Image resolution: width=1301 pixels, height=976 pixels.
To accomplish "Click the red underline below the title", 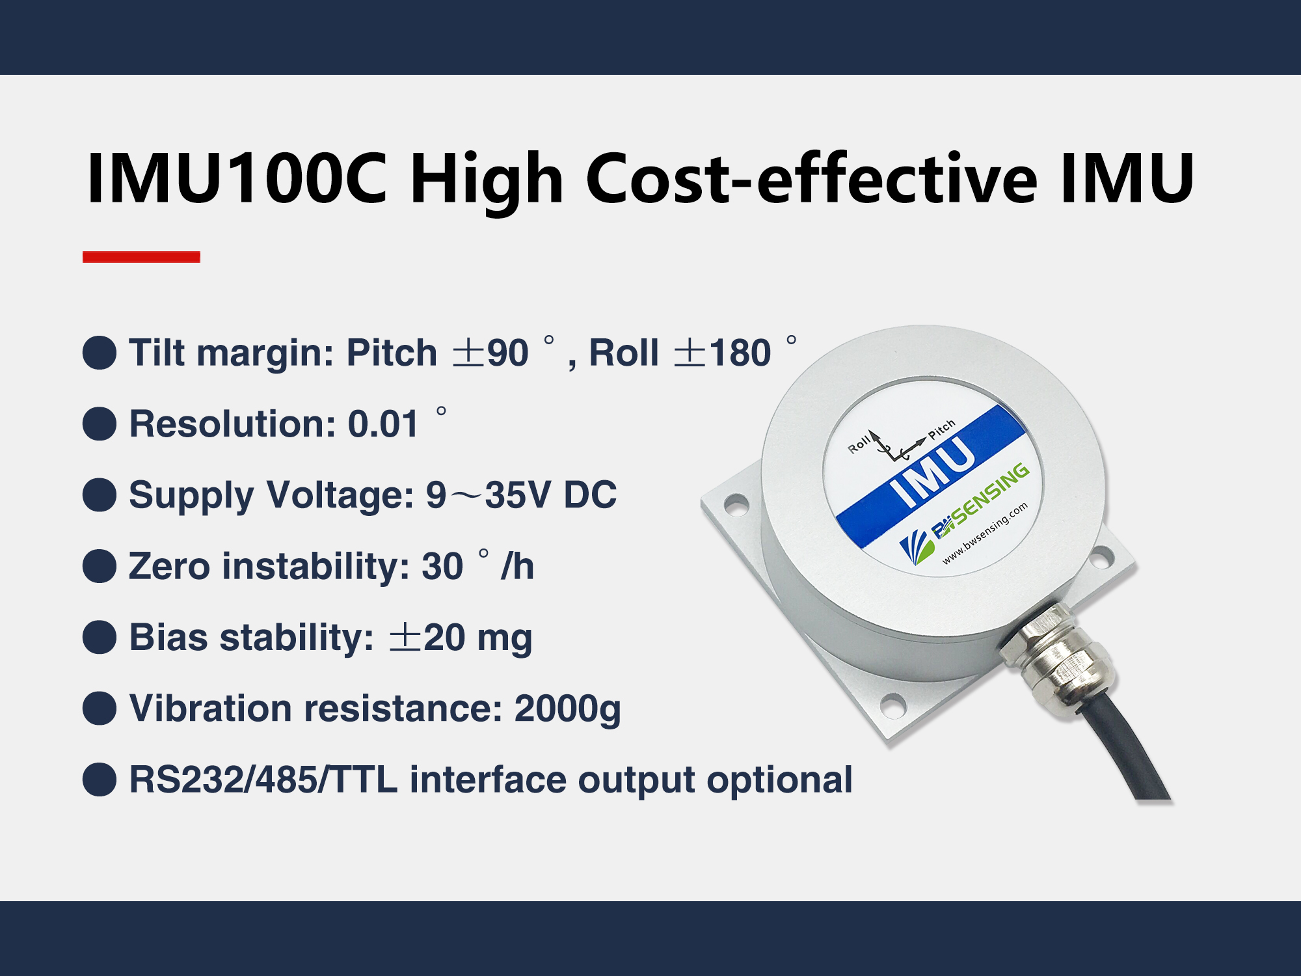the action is pyautogui.click(x=141, y=256).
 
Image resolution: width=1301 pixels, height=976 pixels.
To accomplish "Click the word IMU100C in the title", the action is pyautogui.click(x=237, y=178).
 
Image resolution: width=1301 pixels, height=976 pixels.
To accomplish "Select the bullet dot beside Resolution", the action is pyautogui.click(x=100, y=424).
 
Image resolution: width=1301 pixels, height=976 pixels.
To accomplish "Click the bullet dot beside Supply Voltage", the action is pyautogui.click(x=100, y=495).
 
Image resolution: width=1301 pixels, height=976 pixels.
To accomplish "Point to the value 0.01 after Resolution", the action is pyautogui.click(x=383, y=424).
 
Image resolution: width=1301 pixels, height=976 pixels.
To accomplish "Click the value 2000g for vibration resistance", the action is pyautogui.click(x=567, y=709).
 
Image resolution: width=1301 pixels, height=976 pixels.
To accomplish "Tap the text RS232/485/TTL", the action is pyautogui.click(x=263, y=779).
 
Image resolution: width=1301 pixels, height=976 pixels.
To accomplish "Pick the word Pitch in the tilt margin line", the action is pyautogui.click(x=392, y=353).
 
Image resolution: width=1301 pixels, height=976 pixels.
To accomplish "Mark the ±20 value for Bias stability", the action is pyautogui.click(x=427, y=637).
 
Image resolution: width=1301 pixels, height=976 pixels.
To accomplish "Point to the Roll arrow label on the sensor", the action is pyautogui.click(x=859, y=444).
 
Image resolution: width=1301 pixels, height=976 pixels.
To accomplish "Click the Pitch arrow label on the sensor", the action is pyautogui.click(x=941, y=429).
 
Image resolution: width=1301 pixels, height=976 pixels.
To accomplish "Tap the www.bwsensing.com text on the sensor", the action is pyautogui.click(x=985, y=533).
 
